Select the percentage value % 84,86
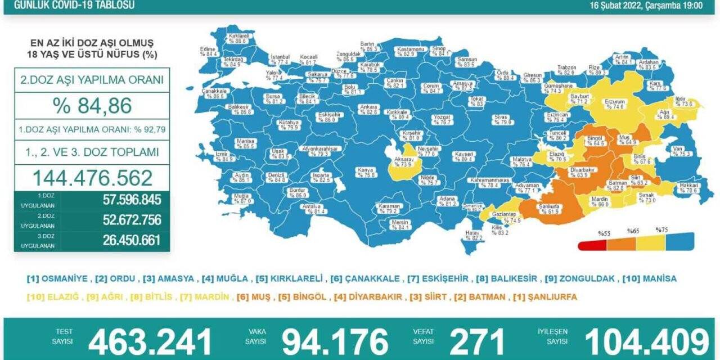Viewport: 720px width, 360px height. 92,105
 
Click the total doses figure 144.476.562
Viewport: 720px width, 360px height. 92,178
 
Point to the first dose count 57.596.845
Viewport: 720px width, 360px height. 132,200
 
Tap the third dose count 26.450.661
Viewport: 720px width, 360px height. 132,240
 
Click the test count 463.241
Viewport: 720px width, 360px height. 150,341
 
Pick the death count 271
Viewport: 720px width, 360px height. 476,341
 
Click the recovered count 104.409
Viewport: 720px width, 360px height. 647,341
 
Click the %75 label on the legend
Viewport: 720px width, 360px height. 661,230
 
